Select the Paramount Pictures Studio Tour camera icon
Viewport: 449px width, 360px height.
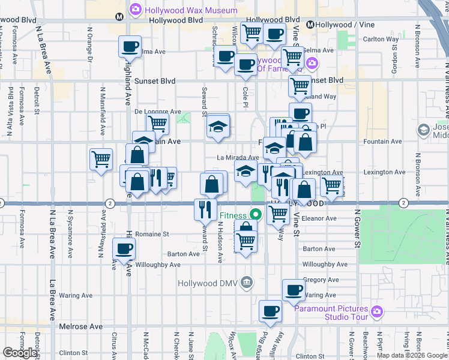coord(376,311)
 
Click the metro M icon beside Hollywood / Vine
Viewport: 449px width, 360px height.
coord(310,25)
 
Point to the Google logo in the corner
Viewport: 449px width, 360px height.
coord(20,353)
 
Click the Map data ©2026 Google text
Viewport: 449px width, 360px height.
coord(412,355)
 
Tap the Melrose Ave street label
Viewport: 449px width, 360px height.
coord(81,326)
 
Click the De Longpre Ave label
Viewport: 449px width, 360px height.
coord(157,112)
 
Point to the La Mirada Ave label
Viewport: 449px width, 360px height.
coord(238,158)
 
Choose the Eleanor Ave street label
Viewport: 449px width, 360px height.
coord(320,218)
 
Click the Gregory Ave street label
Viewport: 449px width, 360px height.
coord(317,280)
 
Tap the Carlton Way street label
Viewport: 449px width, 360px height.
coord(381,40)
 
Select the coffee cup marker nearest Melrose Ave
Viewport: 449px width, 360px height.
coord(270,311)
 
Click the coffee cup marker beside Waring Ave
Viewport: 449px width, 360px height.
coord(294,290)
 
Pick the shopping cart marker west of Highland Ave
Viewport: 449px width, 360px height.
coord(101,160)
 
